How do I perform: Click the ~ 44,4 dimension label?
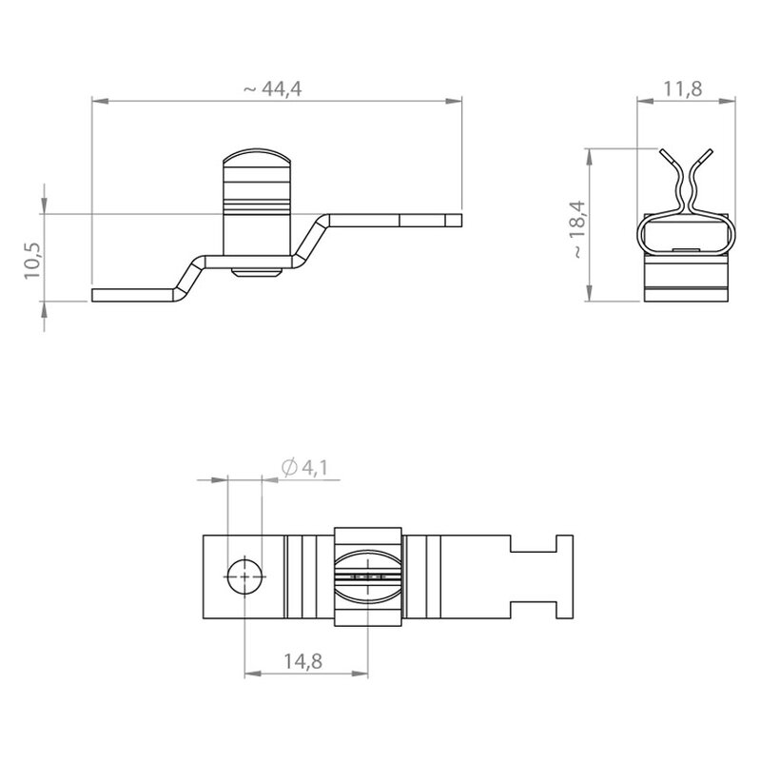click(x=272, y=88)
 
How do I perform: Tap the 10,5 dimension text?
click(x=33, y=261)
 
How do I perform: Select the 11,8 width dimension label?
click(x=682, y=88)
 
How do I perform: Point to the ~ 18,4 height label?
click(x=577, y=229)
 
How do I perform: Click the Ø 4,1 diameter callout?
click(x=304, y=467)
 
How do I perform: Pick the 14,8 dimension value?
click(x=302, y=660)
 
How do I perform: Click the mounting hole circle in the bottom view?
click(x=244, y=576)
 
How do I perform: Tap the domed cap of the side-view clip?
click(x=257, y=157)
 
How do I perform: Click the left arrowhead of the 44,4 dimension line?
click(x=100, y=101)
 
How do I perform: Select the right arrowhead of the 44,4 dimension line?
click(x=454, y=101)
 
